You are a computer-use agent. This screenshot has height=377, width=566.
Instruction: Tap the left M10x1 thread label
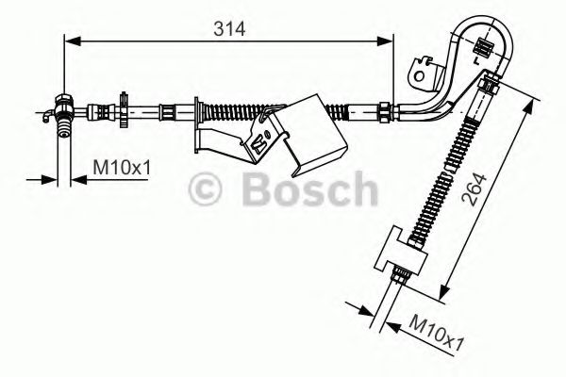[122, 169]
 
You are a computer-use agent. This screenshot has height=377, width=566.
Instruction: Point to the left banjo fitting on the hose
[64, 106]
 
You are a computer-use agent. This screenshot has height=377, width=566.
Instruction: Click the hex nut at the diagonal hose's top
[487, 86]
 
